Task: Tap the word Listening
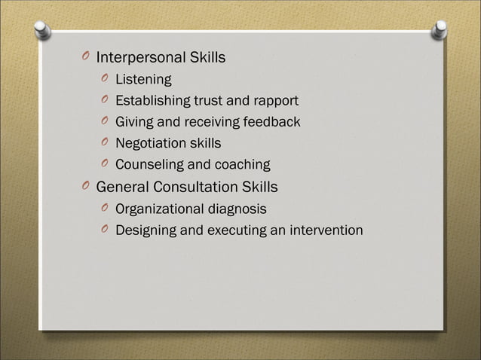click(x=143, y=79)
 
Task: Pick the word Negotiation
click(x=152, y=142)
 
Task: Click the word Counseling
click(x=149, y=164)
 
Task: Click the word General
click(x=122, y=186)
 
